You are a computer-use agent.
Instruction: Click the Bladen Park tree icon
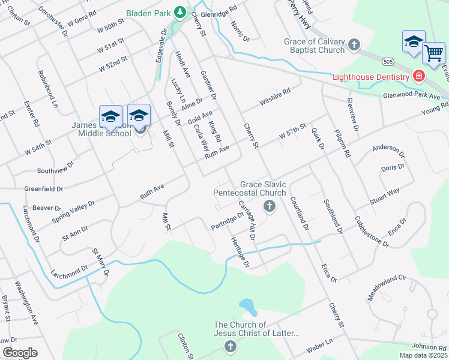click(179, 12)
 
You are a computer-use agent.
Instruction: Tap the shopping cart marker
click(433, 53)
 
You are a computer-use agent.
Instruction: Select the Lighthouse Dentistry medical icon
click(418, 76)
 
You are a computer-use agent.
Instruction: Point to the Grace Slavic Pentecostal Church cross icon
click(269, 207)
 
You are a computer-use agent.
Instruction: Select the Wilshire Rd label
click(275, 96)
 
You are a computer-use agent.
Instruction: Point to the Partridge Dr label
click(227, 221)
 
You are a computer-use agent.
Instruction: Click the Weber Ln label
click(320, 346)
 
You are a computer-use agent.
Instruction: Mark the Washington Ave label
click(26, 302)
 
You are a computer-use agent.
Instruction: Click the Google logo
click(20, 353)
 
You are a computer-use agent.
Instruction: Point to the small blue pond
click(247, 307)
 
